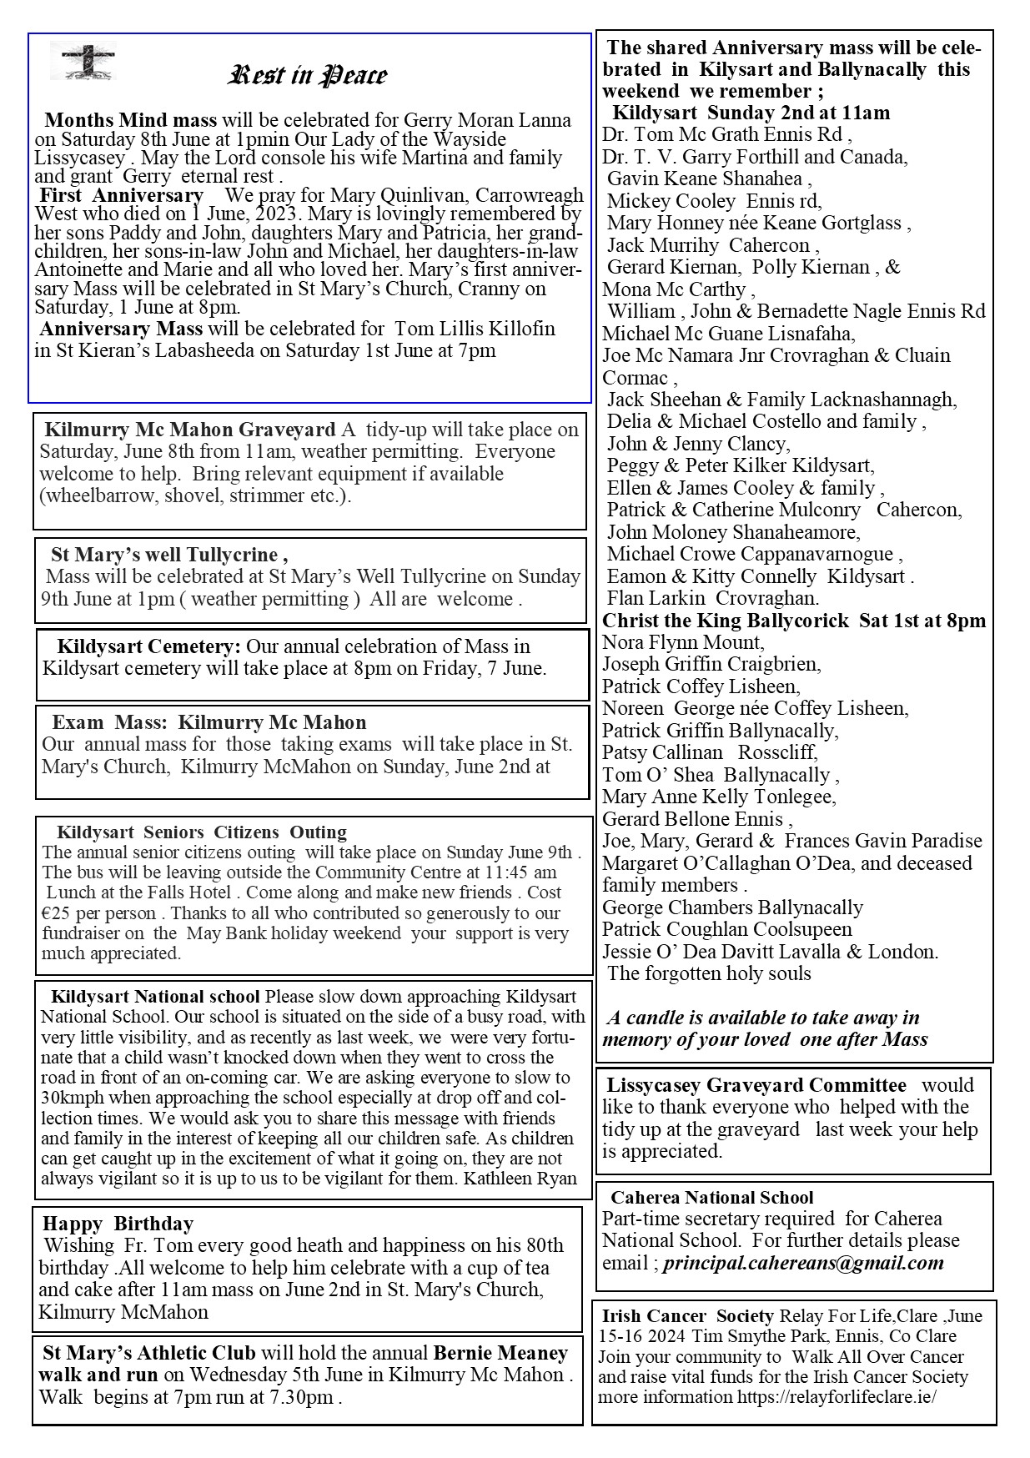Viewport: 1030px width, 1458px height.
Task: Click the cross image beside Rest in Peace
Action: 88,62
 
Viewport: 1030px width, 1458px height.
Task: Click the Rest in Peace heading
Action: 307,76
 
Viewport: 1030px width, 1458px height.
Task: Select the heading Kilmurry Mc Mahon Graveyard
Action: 189,430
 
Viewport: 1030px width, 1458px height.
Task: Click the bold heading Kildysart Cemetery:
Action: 148,646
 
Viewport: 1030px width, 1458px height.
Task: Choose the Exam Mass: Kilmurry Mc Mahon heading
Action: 209,722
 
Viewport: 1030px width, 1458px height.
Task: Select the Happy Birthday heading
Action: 118,1224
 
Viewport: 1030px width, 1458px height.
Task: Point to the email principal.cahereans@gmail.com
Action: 803,1263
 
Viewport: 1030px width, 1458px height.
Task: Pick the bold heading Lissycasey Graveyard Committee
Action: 756,1085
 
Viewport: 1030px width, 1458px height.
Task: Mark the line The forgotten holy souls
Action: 709,973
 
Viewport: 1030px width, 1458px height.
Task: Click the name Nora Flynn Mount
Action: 683,642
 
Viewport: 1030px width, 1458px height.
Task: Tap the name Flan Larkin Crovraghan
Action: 713,598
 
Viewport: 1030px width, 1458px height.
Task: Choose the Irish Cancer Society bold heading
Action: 687,1316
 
